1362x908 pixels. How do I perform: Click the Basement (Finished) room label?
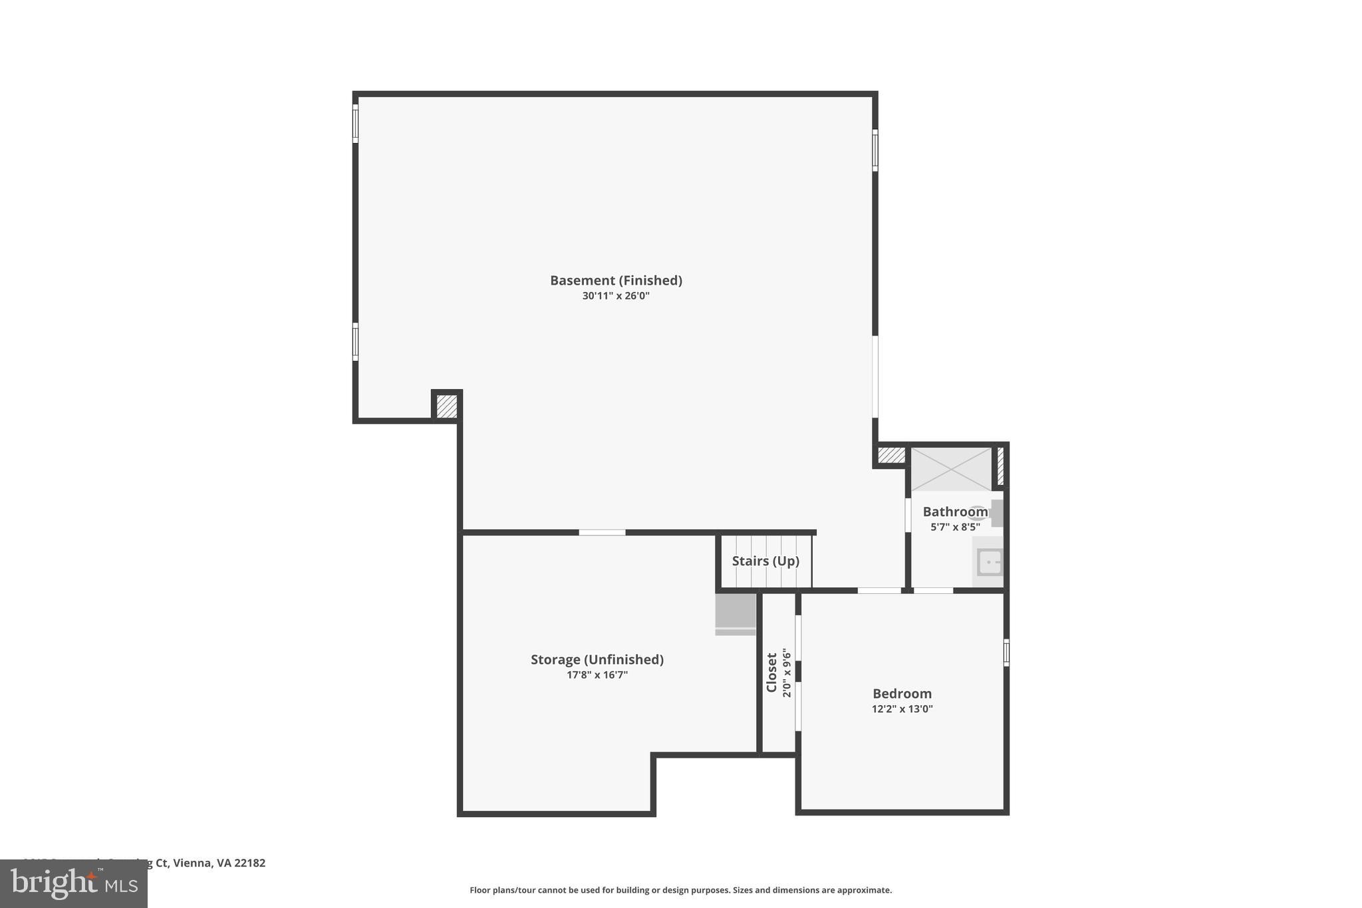tap(616, 280)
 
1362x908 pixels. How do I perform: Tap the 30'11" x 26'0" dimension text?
tap(616, 296)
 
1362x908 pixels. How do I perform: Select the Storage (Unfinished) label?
tap(597, 659)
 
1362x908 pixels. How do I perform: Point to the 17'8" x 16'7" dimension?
tap(597, 675)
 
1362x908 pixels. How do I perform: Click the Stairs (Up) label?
tap(765, 561)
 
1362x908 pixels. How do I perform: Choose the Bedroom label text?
tap(902, 693)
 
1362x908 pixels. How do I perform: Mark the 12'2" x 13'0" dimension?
tap(902, 709)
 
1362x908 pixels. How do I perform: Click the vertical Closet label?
tap(771, 672)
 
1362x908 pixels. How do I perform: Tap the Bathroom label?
tap(954, 512)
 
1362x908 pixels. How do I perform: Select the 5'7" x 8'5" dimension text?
tap(954, 528)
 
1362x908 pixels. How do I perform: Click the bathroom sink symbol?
tap(990, 562)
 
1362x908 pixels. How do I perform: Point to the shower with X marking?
tap(951, 469)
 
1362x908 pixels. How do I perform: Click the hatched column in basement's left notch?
tap(447, 406)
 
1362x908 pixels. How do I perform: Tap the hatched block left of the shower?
tap(891, 455)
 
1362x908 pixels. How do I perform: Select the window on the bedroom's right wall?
tap(1006, 653)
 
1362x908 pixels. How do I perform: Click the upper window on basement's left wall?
tap(355, 123)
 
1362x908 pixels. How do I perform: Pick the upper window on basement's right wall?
tap(875, 150)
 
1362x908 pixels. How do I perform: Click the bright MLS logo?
tap(74, 883)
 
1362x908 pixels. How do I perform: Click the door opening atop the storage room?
tap(602, 532)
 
